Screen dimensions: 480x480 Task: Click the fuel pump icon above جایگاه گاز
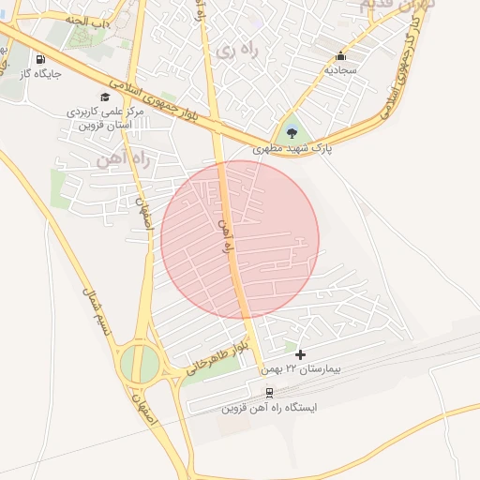[39, 58]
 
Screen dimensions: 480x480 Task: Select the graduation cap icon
[104, 97]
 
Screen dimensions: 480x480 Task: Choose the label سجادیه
[341, 70]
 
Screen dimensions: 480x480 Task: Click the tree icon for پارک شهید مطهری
[292, 130]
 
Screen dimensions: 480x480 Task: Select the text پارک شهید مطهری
[292, 148]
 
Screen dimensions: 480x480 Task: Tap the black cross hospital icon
[300, 354]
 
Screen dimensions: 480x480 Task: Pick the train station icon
[269, 393]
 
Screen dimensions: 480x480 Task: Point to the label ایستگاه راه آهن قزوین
[269, 408]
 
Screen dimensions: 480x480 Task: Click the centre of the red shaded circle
[240, 239]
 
